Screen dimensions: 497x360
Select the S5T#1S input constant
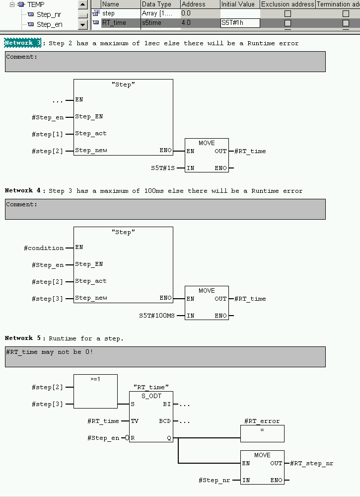tap(163, 168)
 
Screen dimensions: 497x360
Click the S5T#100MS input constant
tap(157, 316)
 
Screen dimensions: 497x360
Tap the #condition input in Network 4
tap(44, 248)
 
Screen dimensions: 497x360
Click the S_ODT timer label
tap(151, 396)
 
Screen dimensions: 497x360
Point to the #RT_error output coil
tap(262, 433)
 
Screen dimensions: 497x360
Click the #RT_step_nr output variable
tap(311, 463)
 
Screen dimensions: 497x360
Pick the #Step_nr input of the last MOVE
tap(214, 480)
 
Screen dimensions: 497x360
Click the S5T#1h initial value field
tap(240, 23)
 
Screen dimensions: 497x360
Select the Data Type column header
tap(156, 4)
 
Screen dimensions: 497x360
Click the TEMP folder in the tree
tap(35, 4)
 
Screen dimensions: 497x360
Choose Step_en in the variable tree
tap(50, 24)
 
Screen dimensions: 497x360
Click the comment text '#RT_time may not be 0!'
tap(50, 352)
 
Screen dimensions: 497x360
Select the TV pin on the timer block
tap(134, 421)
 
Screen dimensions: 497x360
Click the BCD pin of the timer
tap(165, 421)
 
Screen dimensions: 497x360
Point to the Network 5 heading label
tap(19, 338)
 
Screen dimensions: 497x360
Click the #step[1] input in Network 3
tap(48, 134)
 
